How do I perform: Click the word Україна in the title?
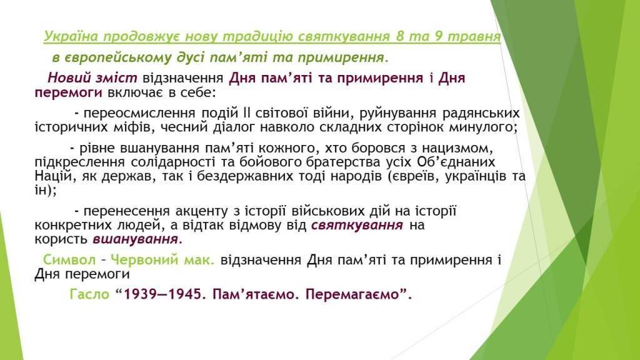click(x=71, y=36)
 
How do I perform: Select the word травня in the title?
click(x=474, y=37)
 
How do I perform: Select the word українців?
click(x=476, y=176)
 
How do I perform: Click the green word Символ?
click(x=69, y=260)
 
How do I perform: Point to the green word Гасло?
click(x=89, y=294)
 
